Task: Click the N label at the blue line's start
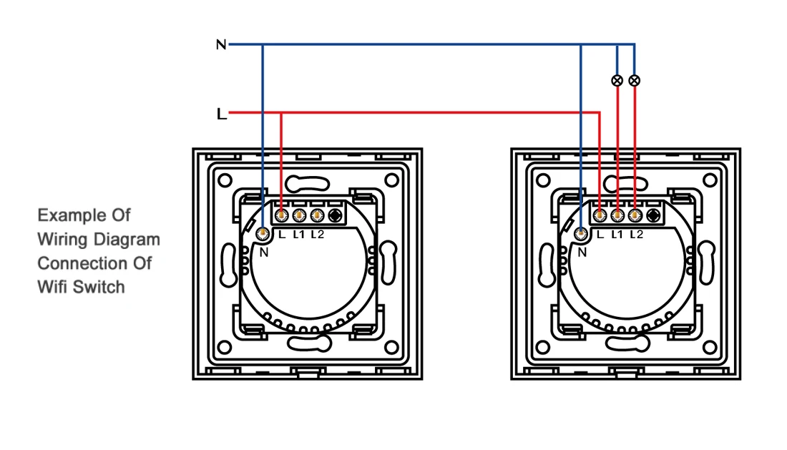click(x=221, y=45)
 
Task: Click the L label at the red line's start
click(x=221, y=114)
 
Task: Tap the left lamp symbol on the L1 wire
click(x=617, y=81)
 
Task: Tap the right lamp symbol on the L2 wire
click(x=634, y=81)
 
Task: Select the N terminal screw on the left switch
click(x=263, y=233)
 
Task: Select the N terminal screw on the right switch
click(x=581, y=233)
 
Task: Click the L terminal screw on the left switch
click(x=281, y=214)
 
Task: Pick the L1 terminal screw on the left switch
click(x=298, y=214)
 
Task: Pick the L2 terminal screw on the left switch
click(x=316, y=214)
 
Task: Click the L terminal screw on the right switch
click(x=600, y=214)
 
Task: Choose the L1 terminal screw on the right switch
click(x=617, y=214)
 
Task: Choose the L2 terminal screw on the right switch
click(x=634, y=214)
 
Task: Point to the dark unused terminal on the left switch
click(x=333, y=214)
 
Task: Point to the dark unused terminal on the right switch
click(x=652, y=214)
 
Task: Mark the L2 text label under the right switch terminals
click(x=636, y=234)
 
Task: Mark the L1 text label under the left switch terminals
click(x=299, y=234)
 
